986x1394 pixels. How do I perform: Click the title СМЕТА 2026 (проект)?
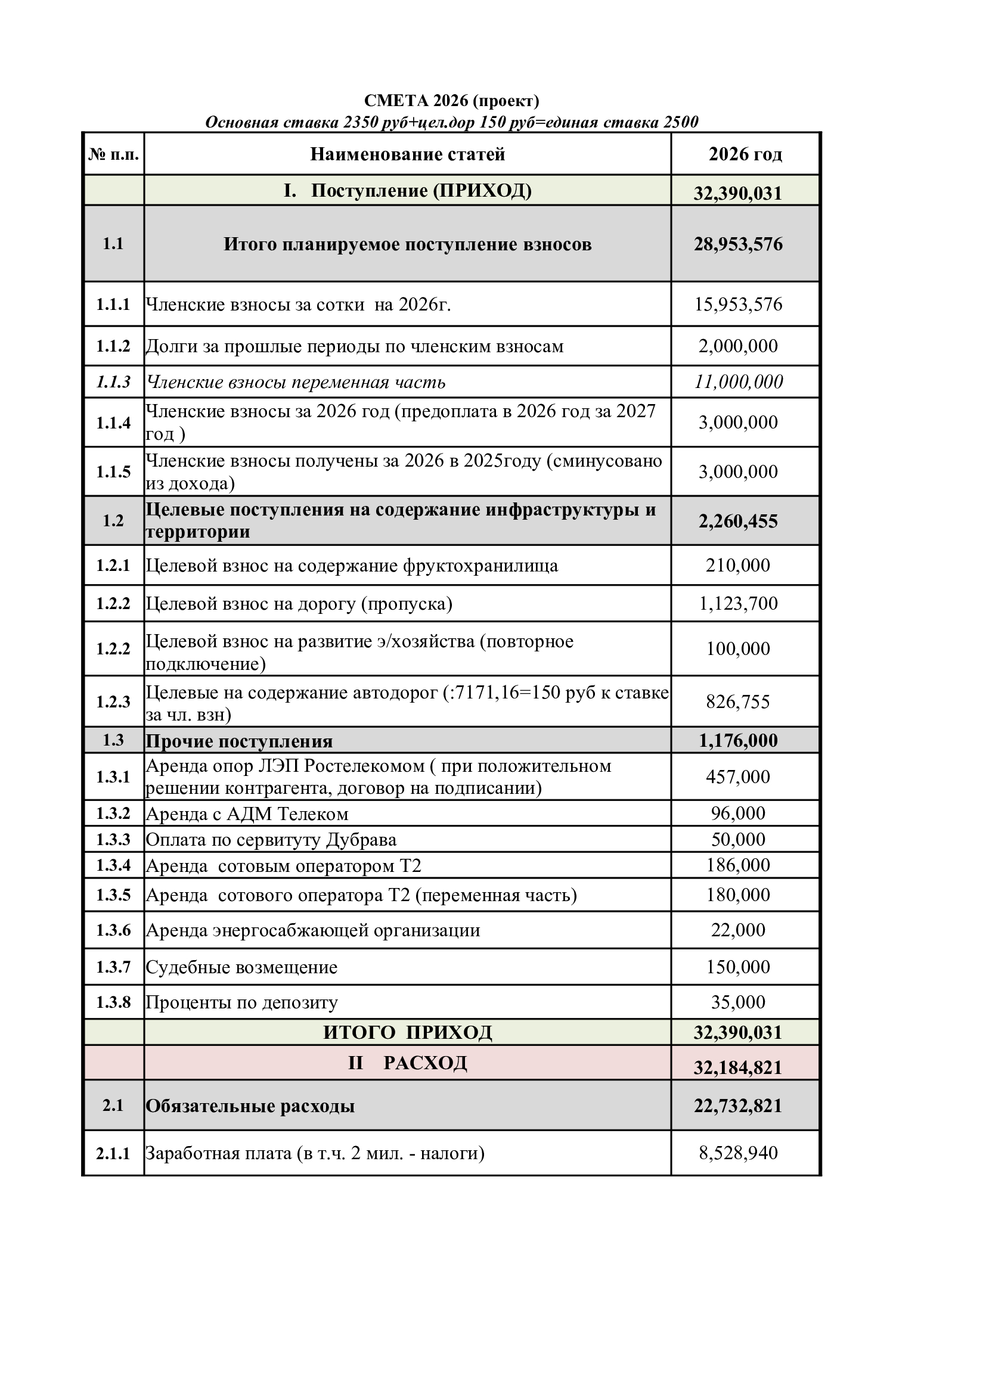[x=451, y=101]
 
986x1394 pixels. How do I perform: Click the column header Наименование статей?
[x=407, y=154]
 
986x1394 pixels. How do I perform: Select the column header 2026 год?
[x=745, y=154]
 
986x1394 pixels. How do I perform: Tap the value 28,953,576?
[x=737, y=245]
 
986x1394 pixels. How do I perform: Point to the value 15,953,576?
[x=737, y=304]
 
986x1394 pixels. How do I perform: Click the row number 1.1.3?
[x=113, y=382]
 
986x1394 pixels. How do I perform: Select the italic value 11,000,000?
[x=738, y=382]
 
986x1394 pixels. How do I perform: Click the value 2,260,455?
[x=737, y=521]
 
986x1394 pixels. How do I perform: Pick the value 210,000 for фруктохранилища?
[x=737, y=565]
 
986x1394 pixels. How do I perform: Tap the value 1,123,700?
[x=737, y=604]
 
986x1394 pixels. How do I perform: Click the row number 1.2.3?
[x=113, y=702]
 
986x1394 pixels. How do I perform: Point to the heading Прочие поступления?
[x=239, y=741]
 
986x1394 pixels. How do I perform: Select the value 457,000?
[x=737, y=777]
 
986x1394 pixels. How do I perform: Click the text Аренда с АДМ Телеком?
[x=247, y=814]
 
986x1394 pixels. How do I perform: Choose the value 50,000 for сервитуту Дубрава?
[x=737, y=840]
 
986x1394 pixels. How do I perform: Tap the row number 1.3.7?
[x=113, y=967]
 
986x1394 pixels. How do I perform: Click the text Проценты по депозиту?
[x=241, y=1002]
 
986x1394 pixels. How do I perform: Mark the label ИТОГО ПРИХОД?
[x=407, y=1033]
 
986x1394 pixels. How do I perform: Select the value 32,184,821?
[x=737, y=1067]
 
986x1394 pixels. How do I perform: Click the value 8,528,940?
[x=737, y=1153]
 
